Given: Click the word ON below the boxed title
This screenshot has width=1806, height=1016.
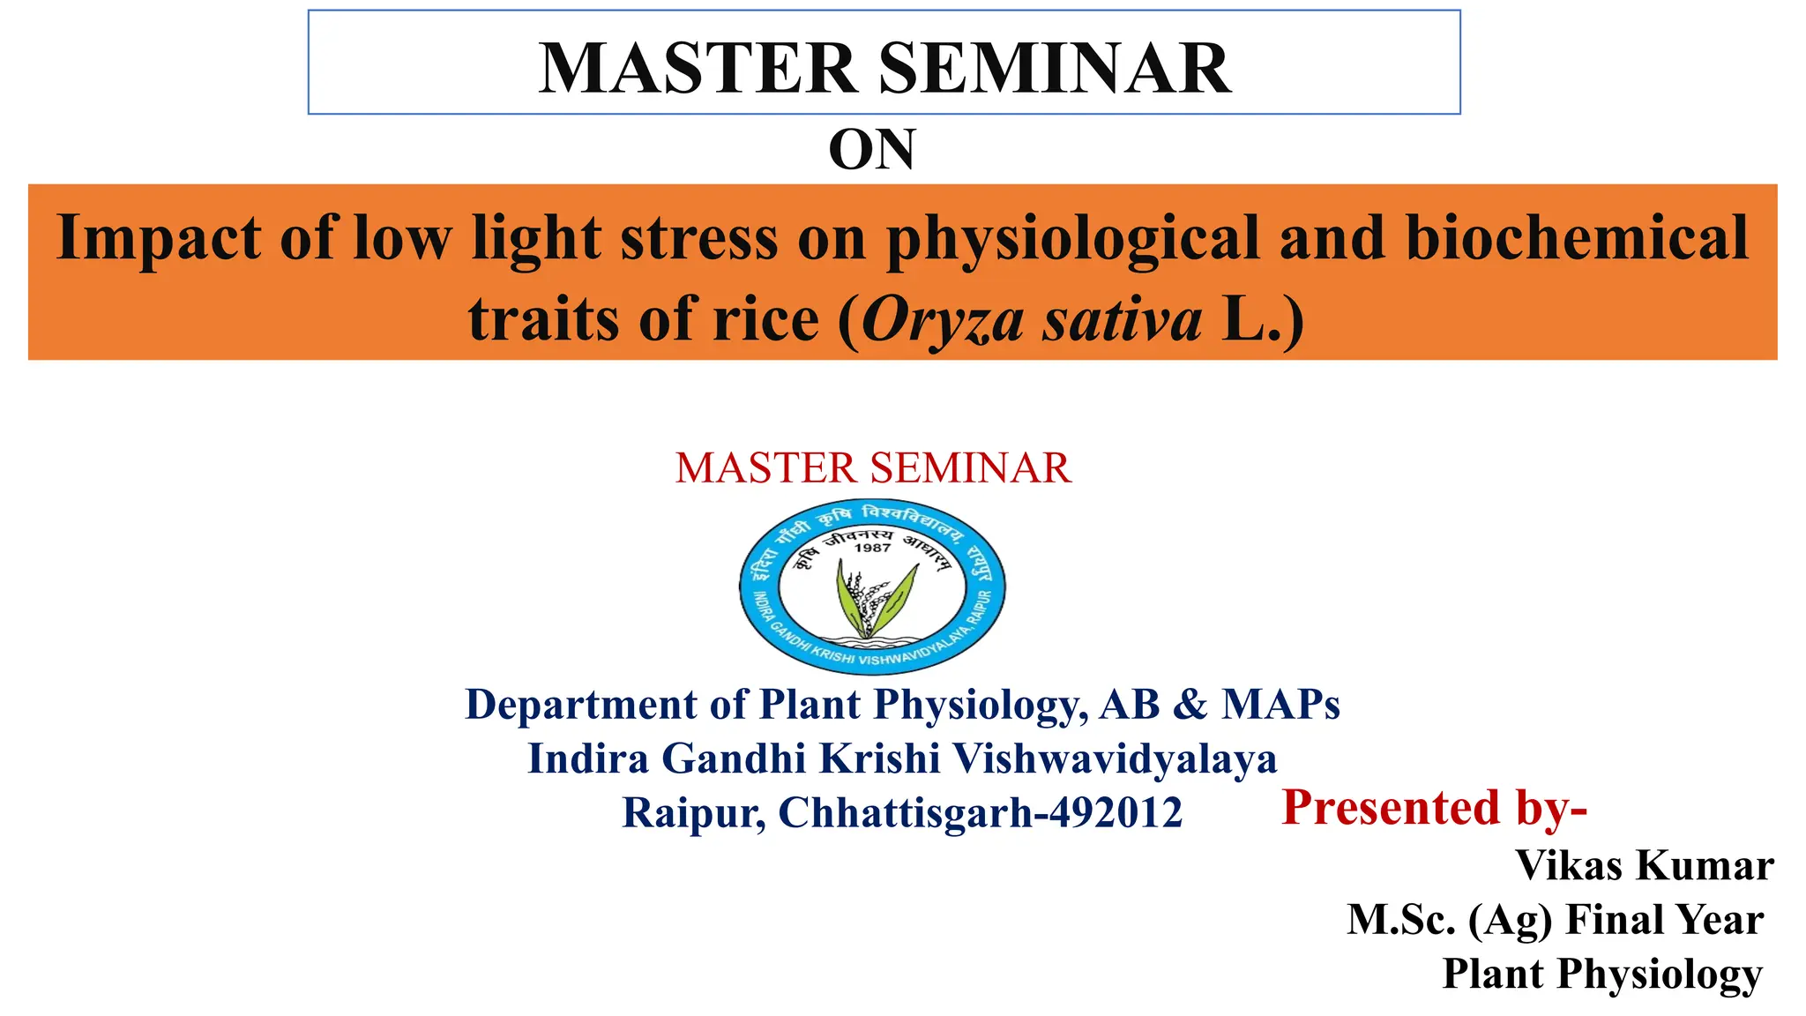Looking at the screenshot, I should pyautogui.click(x=872, y=150).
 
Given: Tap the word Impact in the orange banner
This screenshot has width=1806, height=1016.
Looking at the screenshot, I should pyautogui.click(x=159, y=238).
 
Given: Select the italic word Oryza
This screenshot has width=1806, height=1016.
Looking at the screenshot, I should pyautogui.click(x=942, y=320).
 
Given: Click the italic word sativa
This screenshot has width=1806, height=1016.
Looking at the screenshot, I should pyautogui.click(x=1123, y=320).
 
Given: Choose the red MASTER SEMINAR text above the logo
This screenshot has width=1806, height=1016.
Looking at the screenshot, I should pyautogui.click(x=873, y=468).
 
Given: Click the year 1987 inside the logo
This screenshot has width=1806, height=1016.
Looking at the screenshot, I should pyautogui.click(x=872, y=548).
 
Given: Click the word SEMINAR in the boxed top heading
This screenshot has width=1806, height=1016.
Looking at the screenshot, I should pyautogui.click(x=1055, y=69).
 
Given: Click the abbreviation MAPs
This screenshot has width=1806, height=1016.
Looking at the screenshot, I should pyautogui.click(x=1280, y=706).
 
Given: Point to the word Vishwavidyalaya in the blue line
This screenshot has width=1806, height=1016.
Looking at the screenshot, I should pyautogui.click(x=1115, y=758).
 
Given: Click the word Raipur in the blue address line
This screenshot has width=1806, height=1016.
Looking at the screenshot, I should pyautogui.click(x=692, y=813).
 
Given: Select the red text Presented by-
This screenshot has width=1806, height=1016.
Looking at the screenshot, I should pyautogui.click(x=1434, y=808).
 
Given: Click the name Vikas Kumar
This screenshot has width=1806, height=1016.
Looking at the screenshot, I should pyautogui.click(x=1644, y=866).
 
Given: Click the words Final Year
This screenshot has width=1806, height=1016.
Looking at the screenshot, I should pyautogui.click(x=1664, y=921).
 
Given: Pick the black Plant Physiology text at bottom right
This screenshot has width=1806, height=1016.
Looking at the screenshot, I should pyautogui.click(x=1601, y=975).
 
